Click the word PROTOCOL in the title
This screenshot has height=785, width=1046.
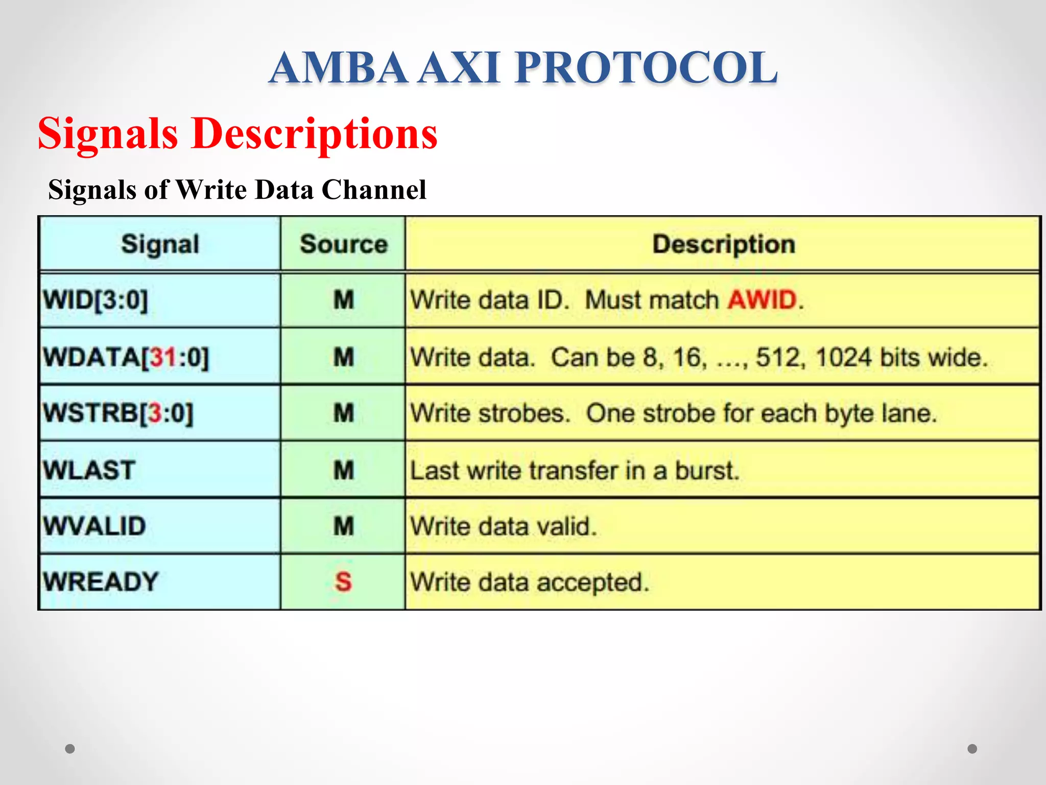(x=646, y=67)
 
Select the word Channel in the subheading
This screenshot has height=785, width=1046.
(x=374, y=190)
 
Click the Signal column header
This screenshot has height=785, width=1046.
(x=160, y=244)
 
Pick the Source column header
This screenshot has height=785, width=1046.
(x=343, y=244)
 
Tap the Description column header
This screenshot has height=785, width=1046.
(x=723, y=244)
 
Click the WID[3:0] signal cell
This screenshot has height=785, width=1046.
(x=96, y=300)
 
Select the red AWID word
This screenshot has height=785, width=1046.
(x=762, y=300)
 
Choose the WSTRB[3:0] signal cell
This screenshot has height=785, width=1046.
(x=118, y=413)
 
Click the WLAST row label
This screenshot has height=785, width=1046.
(x=89, y=470)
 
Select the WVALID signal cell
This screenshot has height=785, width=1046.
(x=94, y=526)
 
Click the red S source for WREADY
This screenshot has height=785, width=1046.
(x=343, y=582)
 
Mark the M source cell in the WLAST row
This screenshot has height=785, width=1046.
(x=343, y=470)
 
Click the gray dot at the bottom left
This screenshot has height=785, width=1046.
(x=70, y=749)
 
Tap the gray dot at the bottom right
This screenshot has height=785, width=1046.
(x=972, y=749)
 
